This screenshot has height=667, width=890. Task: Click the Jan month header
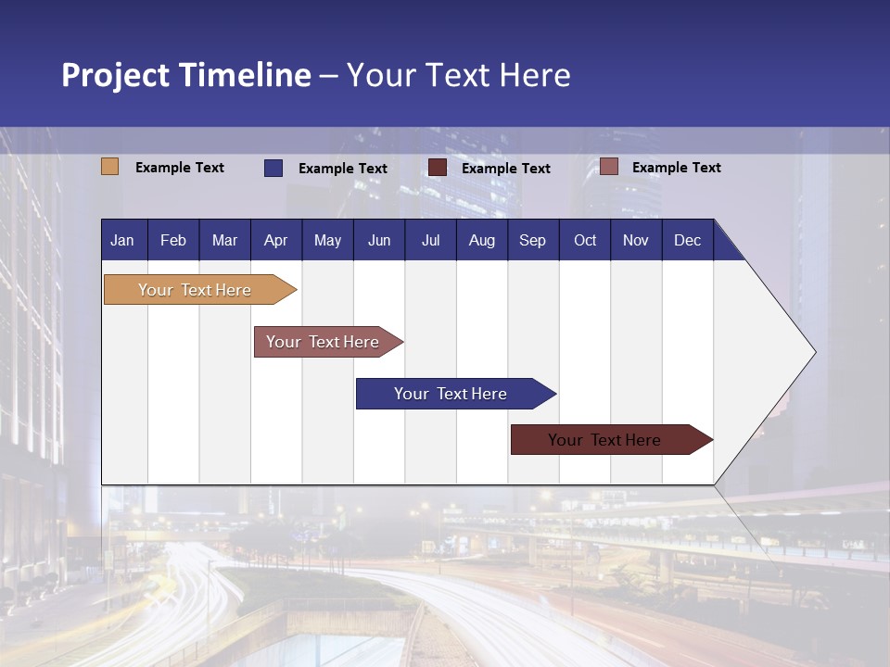pyautogui.click(x=122, y=240)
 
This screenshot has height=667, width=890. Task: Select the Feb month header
pyautogui.click(x=173, y=240)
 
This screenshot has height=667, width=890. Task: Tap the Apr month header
pyautogui.click(x=275, y=240)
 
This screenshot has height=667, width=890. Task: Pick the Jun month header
pyautogui.click(x=379, y=240)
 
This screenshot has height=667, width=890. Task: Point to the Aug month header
pyautogui.click(x=481, y=240)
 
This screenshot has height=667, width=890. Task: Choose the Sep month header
pyautogui.click(x=532, y=240)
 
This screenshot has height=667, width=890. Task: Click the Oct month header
pyautogui.click(x=585, y=240)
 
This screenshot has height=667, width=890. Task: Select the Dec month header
pyautogui.click(x=687, y=240)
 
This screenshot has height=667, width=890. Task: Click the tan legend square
pyautogui.click(x=110, y=167)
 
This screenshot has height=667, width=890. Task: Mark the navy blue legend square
pyautogui.click(x=273, y=168)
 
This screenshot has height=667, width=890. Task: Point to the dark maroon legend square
pyautogui.click(x=438, y=168)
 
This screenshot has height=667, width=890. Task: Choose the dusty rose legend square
pyautogui.click(x=608, y=167)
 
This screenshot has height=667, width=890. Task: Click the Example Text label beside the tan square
pyautogui.click(x=180, y=168)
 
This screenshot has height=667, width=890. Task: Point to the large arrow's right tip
pyautogui.click(x=814, y=352)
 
